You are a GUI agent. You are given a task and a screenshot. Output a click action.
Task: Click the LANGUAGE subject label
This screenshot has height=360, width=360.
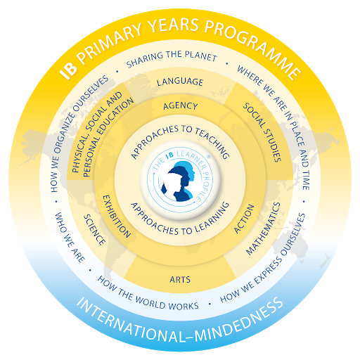pyautogui.click(x=180, y=82)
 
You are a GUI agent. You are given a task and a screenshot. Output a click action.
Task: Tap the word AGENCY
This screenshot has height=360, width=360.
pyautogui.click(x=181, y=106)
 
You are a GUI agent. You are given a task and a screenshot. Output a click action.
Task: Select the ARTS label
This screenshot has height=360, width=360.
pyautogui.click(x=180, y=279)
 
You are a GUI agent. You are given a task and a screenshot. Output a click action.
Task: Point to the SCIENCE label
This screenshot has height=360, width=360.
pyautogui.click(x=95, y=230)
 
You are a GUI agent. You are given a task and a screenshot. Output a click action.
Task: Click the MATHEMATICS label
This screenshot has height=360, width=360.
pyautogui.click(x=263, y=229)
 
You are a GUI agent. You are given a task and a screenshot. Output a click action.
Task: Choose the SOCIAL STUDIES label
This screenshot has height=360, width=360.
pyautogui.click(x=262, y=132)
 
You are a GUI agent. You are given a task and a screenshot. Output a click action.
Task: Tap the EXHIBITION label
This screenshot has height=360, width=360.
pyautogui.click(x=117, y=216)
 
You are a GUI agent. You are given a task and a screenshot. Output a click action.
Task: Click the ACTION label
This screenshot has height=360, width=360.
pyautogui.click(x=244, y=219)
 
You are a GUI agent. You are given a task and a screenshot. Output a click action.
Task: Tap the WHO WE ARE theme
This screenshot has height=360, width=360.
pyautogui.click(x=70, y=238)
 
